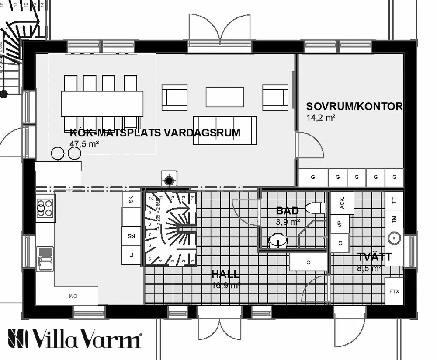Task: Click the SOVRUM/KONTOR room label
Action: (354, 107)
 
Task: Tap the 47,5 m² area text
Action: (84, 143)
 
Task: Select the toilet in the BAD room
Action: (316, 207)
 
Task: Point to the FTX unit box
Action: (394, 291)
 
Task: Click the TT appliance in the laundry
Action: (394, 201)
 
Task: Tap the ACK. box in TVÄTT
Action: (342, 203)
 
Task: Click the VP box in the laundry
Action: (340, 224)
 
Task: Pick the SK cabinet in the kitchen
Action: (131, 200)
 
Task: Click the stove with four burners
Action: (45, 208)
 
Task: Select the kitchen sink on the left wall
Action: (45, 258)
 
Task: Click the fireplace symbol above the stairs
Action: (170, 179)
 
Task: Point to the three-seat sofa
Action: (225, 130)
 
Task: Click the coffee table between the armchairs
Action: (225, 97)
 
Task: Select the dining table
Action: (102, 104)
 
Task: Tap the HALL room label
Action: (225, 274)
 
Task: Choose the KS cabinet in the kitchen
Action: (131, 235)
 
